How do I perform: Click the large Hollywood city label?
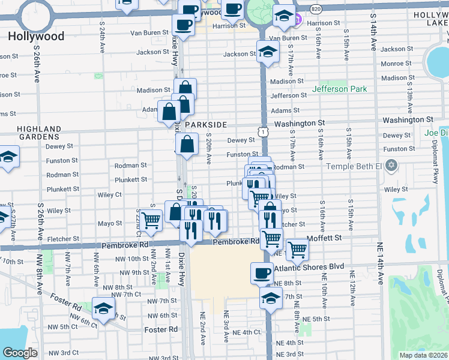[x=36, y=37]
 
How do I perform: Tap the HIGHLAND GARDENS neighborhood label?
[x=39, y=133]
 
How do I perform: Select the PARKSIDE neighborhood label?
[x=206, y=124]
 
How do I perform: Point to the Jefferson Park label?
[x=339, y=89]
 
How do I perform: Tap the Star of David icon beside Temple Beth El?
[x=392, y=164]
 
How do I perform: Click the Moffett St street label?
[x=324, y=238]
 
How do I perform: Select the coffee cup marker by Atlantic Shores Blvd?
[x=261, y=273]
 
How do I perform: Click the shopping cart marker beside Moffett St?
[x=297, y=248]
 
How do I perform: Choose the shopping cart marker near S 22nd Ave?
[x=152, y=221]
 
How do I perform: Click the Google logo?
[x=20, y=353]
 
